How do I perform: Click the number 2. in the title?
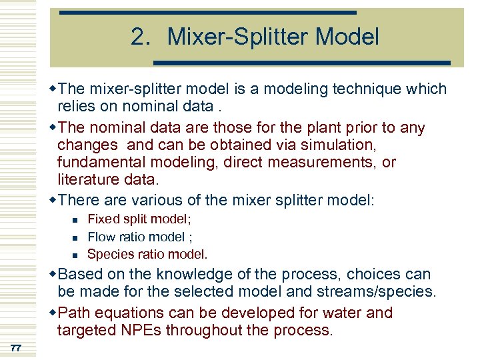coord(142,37)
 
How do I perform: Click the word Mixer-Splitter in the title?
coord(242,37)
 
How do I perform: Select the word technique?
coord(356,89)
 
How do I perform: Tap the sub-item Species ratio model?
coord(147,254)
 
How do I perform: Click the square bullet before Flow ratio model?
coord(75,237)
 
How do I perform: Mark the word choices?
coord(368,274)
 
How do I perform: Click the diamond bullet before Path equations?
coord(53,313)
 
